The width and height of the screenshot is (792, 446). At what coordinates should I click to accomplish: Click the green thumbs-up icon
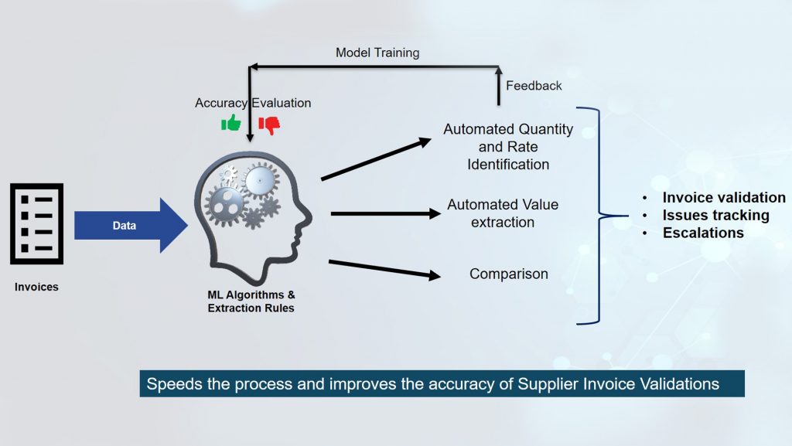(230, 123)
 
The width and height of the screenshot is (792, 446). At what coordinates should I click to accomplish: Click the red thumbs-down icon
(269, 124)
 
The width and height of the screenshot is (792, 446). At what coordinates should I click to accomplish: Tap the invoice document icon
(36, 224)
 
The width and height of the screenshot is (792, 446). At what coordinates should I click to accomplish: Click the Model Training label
(377, 53)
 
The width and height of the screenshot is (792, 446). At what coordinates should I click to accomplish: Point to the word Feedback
(534, 86)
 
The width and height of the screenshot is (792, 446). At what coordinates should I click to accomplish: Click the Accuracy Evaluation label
(253, 103)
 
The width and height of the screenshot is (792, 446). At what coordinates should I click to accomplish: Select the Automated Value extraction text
(503, 213)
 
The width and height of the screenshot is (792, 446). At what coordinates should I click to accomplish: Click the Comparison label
(508, 274)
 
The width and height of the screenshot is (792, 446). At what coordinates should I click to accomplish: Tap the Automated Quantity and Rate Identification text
(508, 147)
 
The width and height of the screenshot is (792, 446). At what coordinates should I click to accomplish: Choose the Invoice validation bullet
(724, 198)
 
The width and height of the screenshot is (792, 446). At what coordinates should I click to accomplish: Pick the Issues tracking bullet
(715, 215)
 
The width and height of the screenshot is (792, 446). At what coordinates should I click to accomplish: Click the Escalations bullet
(703, 233)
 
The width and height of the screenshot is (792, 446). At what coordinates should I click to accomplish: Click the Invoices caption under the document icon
(36, 287)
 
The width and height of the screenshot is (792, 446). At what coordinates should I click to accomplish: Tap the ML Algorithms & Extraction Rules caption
(251, 301)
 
